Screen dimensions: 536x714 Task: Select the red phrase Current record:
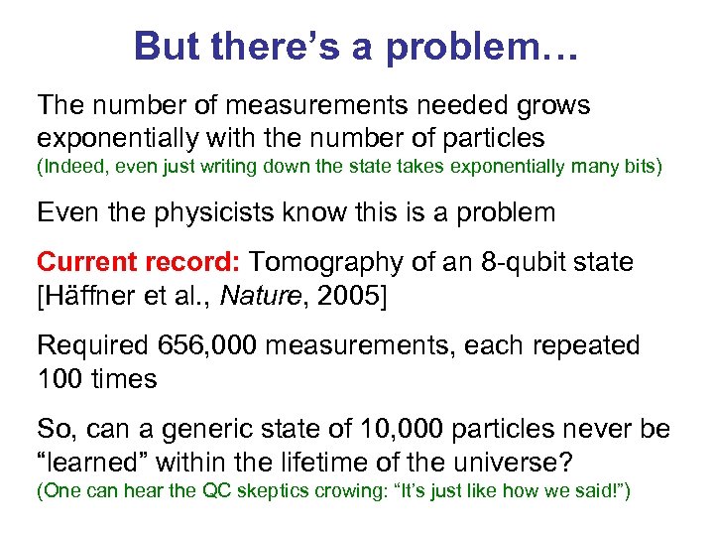coord(139,262)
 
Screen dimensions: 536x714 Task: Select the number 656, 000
coord(208,346)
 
